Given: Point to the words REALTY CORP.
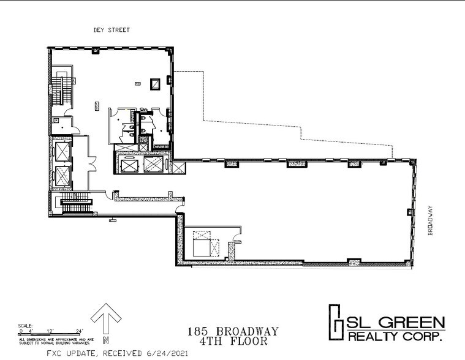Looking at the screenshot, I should coord(396,336).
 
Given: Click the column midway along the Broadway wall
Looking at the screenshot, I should coord(408,212).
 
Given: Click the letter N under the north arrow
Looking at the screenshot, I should coord(107,340).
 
